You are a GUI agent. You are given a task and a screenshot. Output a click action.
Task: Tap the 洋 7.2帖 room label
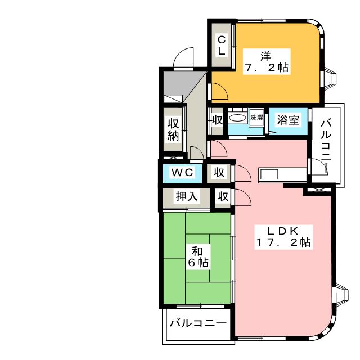pyautogui.click(x=267, y=61)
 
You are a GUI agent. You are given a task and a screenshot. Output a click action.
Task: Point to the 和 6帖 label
pyautogui.click(x=198, y=256)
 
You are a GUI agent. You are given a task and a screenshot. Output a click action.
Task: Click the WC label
pyautogui.click(x=182, y=172)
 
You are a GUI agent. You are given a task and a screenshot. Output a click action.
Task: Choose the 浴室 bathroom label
pyautogui.click(x=288, y=120)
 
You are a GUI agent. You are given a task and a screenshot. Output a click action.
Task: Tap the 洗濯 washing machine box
pyautogui.click(x=256, y=118)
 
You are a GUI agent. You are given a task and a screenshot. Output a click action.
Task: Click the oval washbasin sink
pyautogui.click(x=237, y=118)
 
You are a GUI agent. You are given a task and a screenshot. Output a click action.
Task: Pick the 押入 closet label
pyautogui.click(x=187, y=196)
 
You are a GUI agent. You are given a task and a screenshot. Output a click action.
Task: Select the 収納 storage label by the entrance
pyautogui.click(x=173, y=130)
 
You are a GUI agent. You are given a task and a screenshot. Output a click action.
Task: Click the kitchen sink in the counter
pyautogui.click(x=269, y=175)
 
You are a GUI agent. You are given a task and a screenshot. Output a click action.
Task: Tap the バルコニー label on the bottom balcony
pyautogui.click(x=198, y=323)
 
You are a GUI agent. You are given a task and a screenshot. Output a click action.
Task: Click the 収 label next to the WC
pyautogui.click(x=219, y=172)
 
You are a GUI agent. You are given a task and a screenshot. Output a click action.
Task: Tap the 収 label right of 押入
pyautogui.click(x=223, y=196)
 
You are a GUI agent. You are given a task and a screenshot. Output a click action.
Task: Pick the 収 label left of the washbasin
pyautogui.click(x=217, y=120)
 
